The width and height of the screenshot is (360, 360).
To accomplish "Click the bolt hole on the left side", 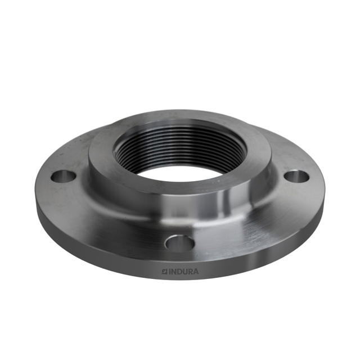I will pyautogui.click(x=63, y=176).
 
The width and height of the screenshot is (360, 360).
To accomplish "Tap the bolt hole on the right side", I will pyautogui.click(x=296, y=176).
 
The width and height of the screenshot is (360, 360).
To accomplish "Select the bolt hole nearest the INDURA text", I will pyautogui.click(x=180, y=243).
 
